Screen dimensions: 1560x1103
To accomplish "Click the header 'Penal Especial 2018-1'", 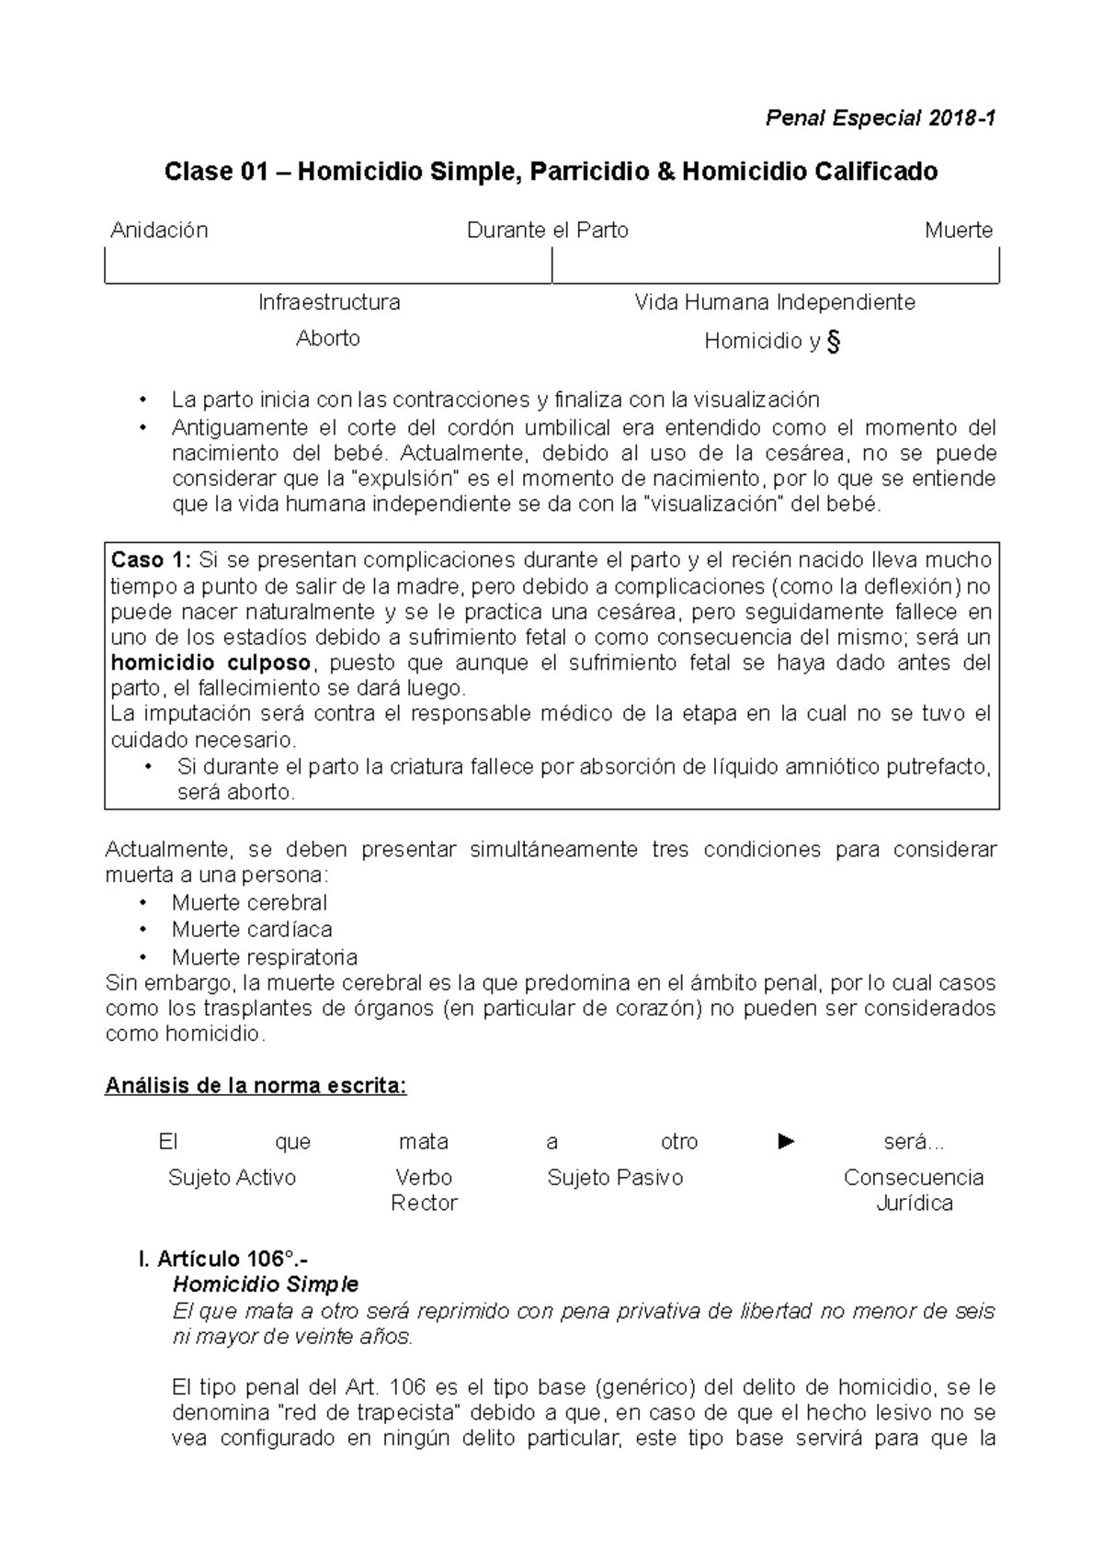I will [x=881, y=119].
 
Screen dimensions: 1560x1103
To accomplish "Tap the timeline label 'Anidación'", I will [x=159, y=231].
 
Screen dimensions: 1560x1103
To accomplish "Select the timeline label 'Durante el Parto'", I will [x=548, y=231].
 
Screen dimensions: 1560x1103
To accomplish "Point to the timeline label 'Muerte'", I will [x=959, y=231].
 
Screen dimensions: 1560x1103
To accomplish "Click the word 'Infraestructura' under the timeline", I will [x=329, y=302].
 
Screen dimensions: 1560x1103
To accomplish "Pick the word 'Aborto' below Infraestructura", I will [x=328, y=338].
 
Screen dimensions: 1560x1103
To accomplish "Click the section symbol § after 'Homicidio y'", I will [x=834, y=342].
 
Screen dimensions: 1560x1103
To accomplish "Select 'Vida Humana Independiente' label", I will [x=775, y=302].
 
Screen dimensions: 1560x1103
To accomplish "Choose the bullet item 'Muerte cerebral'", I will [x=249, y=902].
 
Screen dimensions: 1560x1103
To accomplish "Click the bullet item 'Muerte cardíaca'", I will [x=252, y=929].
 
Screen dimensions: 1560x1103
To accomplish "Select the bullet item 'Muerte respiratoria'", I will [x=265, y=956].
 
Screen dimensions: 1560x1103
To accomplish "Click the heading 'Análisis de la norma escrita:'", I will [x=256, y=1086].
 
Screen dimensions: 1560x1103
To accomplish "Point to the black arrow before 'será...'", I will [x=786, y=1142].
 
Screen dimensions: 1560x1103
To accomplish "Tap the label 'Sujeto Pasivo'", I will [x=615, y=1178].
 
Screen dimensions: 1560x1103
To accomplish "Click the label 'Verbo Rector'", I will [x=424, y=1190].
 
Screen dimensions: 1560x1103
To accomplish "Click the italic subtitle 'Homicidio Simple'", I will [x=266, y=1284].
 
